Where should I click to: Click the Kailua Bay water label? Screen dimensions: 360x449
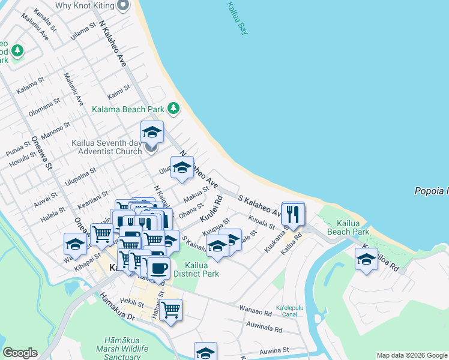coord(237,18)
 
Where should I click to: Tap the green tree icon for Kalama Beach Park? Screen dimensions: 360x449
coord(173,109)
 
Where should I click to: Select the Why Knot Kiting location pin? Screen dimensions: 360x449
coord(124,5)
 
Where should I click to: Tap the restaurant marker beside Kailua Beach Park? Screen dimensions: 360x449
coord(293,213)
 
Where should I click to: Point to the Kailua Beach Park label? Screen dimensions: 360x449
coord(349,227)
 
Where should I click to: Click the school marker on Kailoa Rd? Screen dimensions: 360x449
coord(366,259)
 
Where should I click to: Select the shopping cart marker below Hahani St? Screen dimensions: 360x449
coord(171,310)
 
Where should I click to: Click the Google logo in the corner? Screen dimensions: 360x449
coord(20,353)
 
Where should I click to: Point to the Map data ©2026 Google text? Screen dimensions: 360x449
coord(412,355)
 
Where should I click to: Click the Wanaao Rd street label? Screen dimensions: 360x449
coord(256,312)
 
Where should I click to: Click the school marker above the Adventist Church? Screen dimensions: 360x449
coord(152,131)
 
